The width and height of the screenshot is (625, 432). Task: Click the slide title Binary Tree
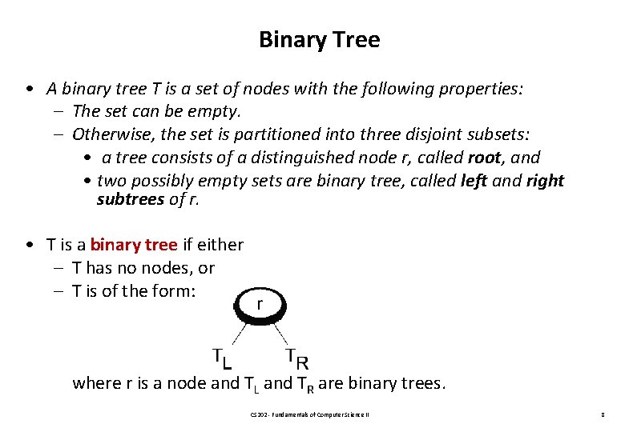(x=319, y=39)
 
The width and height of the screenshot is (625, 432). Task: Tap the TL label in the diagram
(x=222, y=357)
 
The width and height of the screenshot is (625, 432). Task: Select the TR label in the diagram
(x=297, y=357)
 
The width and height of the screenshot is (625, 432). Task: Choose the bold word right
(x=545, y=181)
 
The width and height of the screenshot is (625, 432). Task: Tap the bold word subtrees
(x=130, y=199)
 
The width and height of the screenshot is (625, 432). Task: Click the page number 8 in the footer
(x=601, y=415)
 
